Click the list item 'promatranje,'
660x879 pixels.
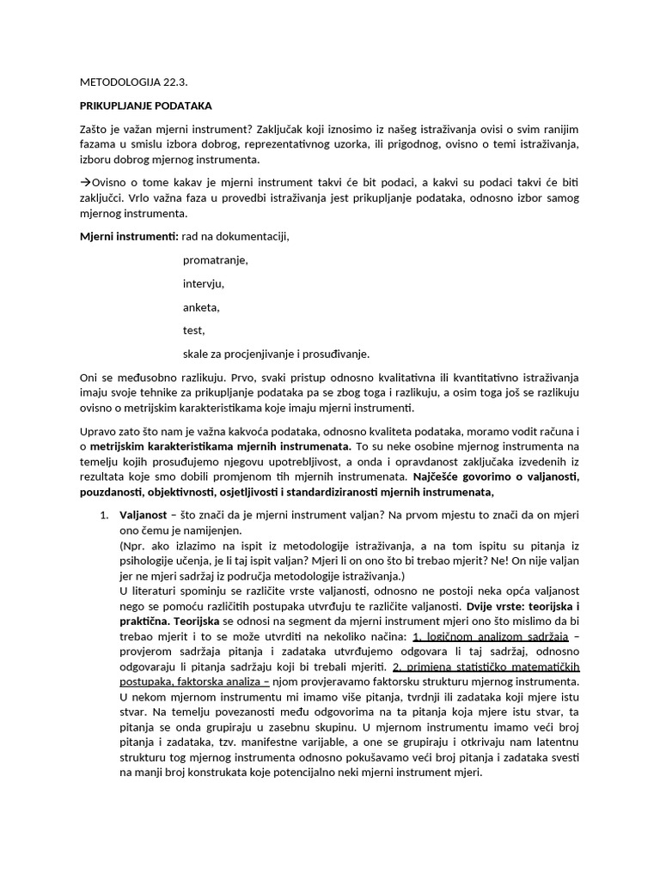click(216, 260)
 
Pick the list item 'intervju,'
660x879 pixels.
click(204, 283)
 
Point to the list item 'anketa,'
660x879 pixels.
click(202, 306)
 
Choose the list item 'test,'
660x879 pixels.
click(194, 330)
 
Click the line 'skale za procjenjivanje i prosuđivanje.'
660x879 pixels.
click(276, 353)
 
